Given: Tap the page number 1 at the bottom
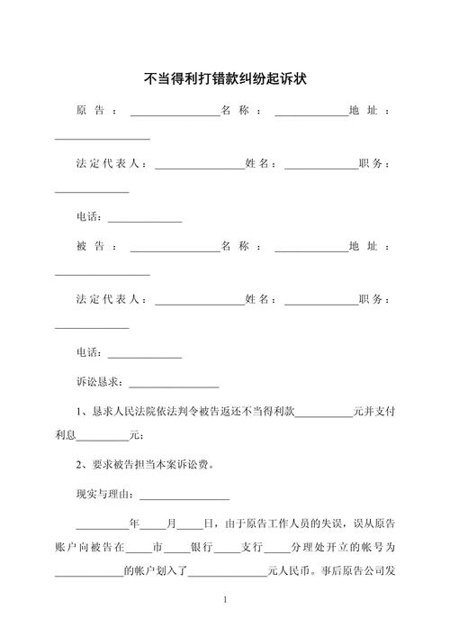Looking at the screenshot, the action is click(224, 599).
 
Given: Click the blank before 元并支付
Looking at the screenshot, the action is click(323, 413).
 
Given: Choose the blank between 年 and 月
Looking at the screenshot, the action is click(152, 524).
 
